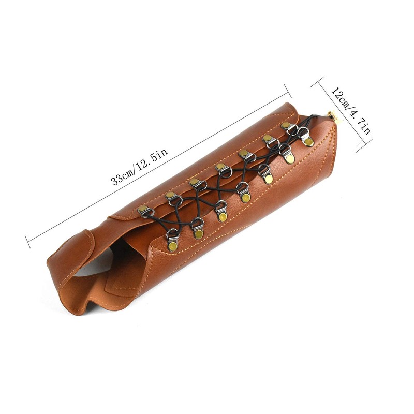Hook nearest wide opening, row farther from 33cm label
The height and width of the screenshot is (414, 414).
point(172,243)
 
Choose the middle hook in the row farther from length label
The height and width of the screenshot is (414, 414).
point(244,196)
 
